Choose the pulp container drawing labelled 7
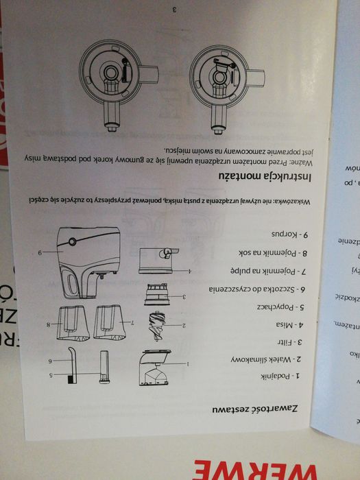tap(114, 322)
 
